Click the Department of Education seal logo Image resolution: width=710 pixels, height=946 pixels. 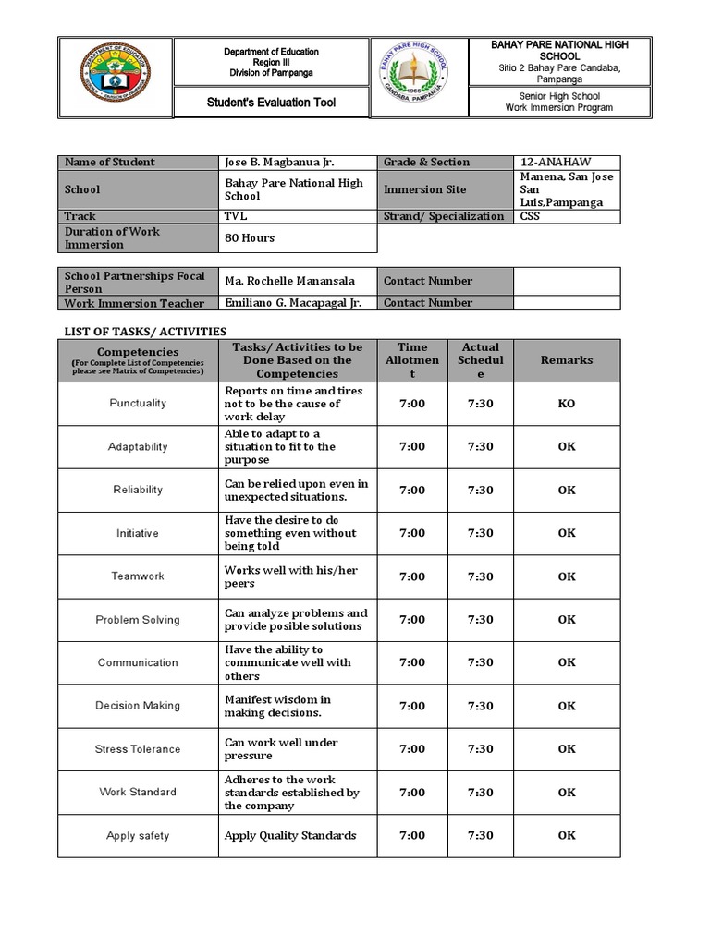click(116, 78)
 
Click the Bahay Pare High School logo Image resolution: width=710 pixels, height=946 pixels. click(420, 78)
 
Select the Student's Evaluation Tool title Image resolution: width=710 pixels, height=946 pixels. click(271, 103)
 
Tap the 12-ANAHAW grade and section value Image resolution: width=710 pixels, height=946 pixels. click(556, 162)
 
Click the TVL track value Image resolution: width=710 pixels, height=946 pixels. click(236, 216)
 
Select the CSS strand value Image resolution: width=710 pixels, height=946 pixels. click(531, 216)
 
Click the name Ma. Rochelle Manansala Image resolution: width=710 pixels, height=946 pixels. click(288, 281)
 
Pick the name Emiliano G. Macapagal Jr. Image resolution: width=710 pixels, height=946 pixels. click(293, 303)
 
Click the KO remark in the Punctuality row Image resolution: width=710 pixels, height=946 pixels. click(567, 404)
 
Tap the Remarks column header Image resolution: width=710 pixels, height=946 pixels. click(567, 360)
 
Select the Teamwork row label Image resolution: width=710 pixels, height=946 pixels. click(138, 576)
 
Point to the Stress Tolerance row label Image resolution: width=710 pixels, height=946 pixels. click(138, 749)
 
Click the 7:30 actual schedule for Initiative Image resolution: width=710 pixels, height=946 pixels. click(480, 533)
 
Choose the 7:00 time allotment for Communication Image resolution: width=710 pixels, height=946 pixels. click(412, 662)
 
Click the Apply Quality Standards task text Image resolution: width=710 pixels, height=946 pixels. click(290, 836)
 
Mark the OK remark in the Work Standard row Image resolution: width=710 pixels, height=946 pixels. click(567, 793)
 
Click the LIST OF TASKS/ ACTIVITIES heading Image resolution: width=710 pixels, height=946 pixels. click(143, 331)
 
